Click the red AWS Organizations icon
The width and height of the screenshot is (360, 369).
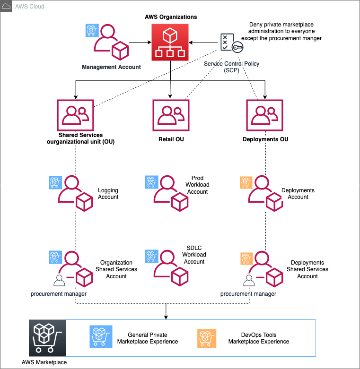(x=170, y=42)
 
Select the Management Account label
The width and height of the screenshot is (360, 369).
(x=111, y=67)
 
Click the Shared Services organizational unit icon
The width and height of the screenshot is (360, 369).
(x=76, y=116)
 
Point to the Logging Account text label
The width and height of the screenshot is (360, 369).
(x=108, y=194)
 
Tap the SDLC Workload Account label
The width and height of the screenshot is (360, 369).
(x=194, y=255)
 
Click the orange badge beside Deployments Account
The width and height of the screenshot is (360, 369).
(x=246, y=182)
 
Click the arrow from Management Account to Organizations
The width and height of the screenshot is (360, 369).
(x=139, y=42)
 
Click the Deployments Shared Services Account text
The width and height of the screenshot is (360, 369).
(x=307, y=269)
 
